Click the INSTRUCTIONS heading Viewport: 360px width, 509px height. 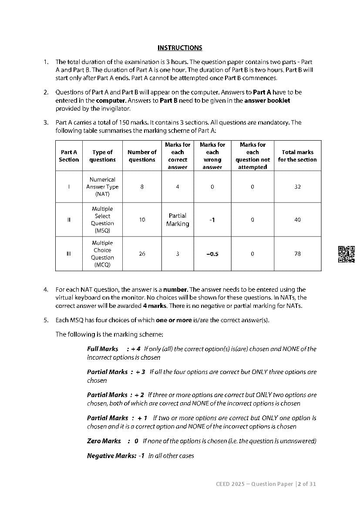(x=180, y=48)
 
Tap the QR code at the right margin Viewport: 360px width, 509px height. (x=347, y=254)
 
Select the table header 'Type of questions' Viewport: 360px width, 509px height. (x=102, y=156)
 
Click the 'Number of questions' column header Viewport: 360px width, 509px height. (x=142, y=156)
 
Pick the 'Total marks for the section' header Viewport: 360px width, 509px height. (x=297, y=156)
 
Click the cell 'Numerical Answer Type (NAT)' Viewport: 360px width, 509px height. (x=102, y=187)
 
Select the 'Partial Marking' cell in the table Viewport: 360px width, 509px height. (x=178, y=219)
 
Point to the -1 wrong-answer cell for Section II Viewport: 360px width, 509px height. (x=212, y=220)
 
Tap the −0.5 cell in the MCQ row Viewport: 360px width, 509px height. (x=212, y=254)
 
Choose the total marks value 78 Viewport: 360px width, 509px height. (x=297, y=254)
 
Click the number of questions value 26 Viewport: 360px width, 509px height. (x=142, y=254)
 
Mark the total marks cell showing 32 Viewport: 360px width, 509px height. (x=297, y=187)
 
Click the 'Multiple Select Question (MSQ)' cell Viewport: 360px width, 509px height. (x=102, y=220)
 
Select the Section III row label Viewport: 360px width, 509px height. (x=69, y=254)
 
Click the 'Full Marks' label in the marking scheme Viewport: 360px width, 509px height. (x=103, y=349)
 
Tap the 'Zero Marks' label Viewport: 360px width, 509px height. (x=104, y=441)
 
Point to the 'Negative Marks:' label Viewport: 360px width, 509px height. (x=110, y=456)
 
